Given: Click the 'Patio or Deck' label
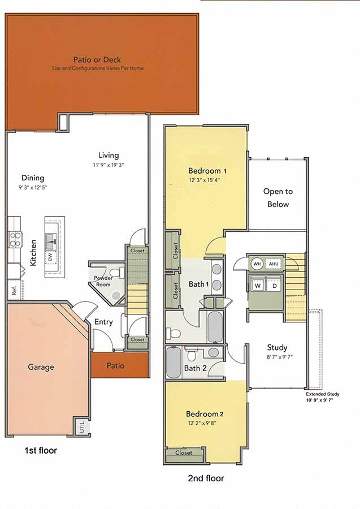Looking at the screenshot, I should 97,59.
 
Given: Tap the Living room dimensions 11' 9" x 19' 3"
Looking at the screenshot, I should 108,166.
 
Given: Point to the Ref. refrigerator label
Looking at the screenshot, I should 13,292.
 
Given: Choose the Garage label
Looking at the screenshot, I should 41,367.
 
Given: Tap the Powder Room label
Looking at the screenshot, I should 103,281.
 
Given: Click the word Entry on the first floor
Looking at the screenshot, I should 103,322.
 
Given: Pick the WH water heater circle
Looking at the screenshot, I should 257,264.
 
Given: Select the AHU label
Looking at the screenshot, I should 274,264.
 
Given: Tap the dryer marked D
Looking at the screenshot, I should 275,286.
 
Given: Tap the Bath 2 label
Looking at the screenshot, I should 196,368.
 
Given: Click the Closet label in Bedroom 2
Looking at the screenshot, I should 184,452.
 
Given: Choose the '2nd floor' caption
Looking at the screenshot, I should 206,478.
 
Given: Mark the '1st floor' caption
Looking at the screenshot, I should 40,451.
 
